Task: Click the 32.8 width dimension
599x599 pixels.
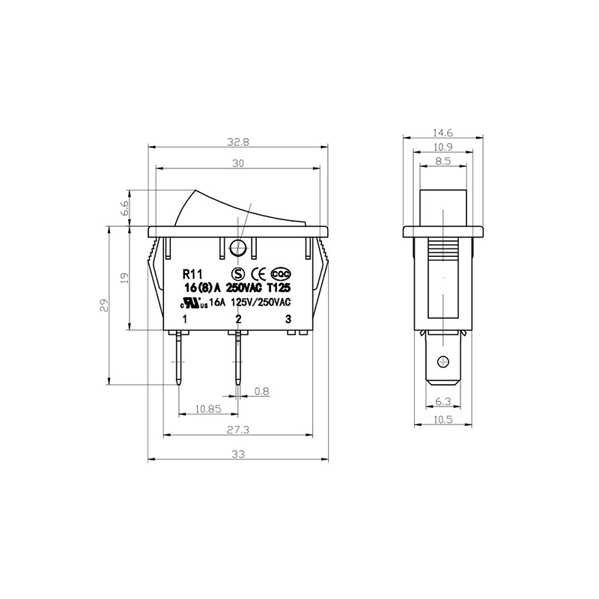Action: pyautogui.click(x=238, y=142)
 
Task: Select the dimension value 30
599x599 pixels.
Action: pyautogui.click(x=238, y=163)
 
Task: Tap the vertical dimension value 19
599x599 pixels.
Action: pyautogui.click(x=125, y=277)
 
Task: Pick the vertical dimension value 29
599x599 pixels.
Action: pyautogui.click(x=104, y=305)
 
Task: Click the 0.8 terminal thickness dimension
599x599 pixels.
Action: pyautogui.click(x=261, y=391)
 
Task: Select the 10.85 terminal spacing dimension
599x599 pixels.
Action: pyautogui.click(x=209, y=409)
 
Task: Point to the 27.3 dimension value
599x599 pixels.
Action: pyautogui.click(x=238, y=430)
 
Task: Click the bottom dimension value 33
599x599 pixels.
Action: pyautogui.click(x=238, y=454)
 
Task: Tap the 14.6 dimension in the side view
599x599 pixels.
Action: pyautogui.click(x=443, y=133)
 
